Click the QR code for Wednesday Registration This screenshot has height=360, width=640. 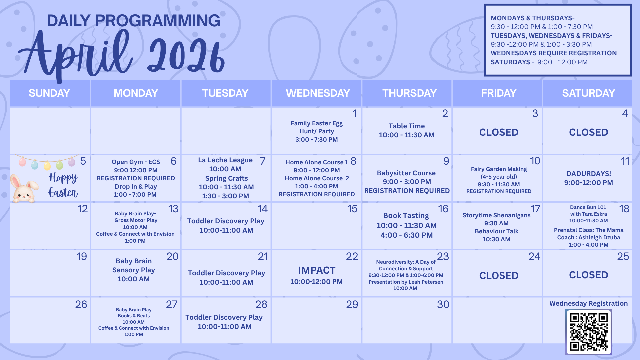[x=589, y=332]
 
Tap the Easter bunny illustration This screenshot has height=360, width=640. [x=24, y=189]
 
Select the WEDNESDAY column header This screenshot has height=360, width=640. [x=318, y=93]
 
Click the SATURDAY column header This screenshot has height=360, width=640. [x=588, y=93]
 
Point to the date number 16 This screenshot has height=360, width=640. [x=443, y=209]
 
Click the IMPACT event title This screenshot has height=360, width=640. [x=317, y=270]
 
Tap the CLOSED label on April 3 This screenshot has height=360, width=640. [x=499, y=132]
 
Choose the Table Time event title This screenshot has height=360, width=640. [x=407, y=126]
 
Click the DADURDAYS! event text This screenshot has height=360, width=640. [x=589, y=174]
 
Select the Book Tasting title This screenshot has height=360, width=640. [x=406, y=216]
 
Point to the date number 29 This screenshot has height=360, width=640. [x=352, y=304]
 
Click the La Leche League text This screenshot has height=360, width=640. [x=225, y=160]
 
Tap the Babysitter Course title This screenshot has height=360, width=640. [x=406, y=173]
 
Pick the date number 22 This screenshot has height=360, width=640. [x=352, y=256]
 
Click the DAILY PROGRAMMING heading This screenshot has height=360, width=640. [x=134, y=21]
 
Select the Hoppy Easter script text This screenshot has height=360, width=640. [x=63, y=185]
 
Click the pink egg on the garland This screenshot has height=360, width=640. [x=22, y=162]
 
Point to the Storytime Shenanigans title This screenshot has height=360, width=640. [x=496, y=215]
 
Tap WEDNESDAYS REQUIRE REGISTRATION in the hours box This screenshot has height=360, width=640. [x=554, y=53]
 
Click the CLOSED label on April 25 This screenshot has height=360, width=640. [x=589, y=275]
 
